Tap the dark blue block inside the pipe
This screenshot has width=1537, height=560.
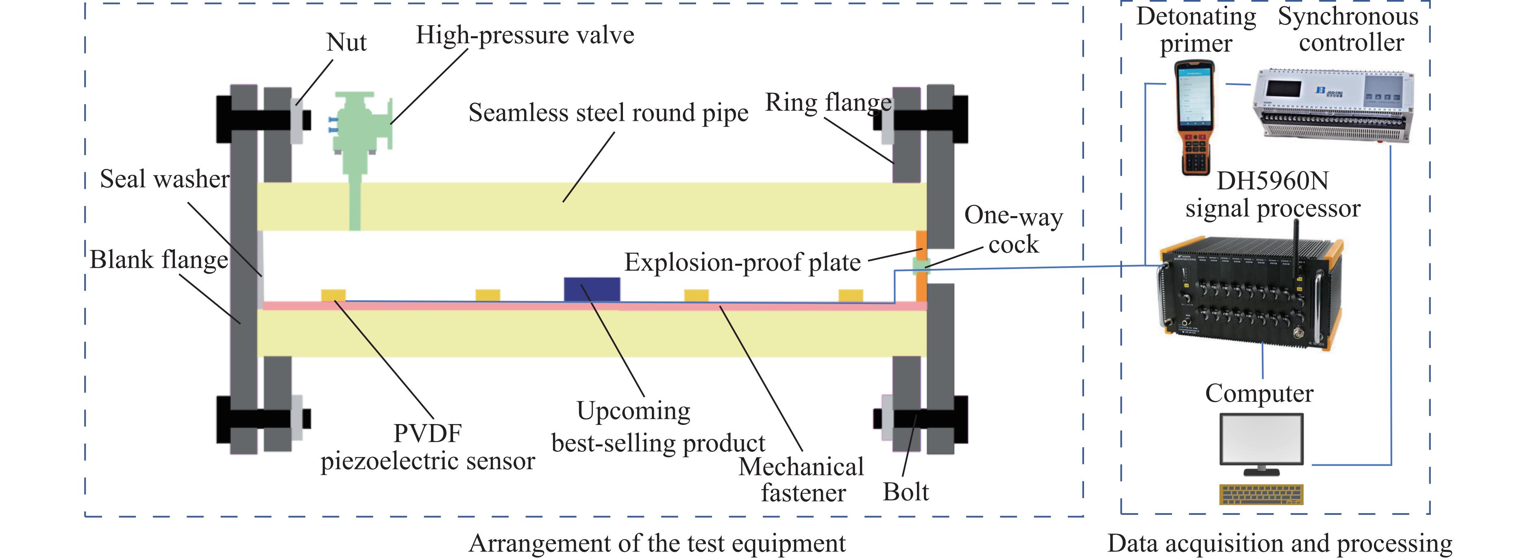[x=592, y=289]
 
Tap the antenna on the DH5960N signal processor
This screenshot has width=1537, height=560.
[x=1296, y=251]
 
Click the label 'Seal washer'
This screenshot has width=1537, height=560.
[x=165, y=179]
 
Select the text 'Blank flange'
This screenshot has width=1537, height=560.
[x=159, y=260]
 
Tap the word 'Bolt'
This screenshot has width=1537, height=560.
[x=906, y=492]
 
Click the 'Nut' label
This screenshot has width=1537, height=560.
[x=347, y=42]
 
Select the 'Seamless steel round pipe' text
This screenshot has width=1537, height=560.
[x=608, y=112]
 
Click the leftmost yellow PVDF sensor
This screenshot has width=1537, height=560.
[x=333, y=295]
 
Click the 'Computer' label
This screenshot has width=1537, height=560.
[x=1259, y=394]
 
